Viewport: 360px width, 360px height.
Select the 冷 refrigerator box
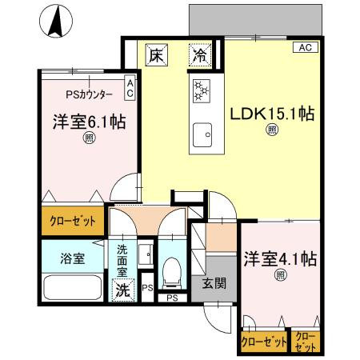point(200,57)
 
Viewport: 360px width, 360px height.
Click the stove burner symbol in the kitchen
point(200,91)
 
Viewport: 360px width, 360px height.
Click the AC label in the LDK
point(305,48)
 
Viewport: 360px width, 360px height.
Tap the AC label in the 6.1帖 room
point(130,88)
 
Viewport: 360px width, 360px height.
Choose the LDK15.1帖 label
point(272,114)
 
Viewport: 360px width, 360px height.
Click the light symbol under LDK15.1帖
point(272,131)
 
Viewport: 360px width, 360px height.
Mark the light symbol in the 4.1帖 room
point(280,276)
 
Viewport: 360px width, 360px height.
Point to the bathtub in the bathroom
point(72,286)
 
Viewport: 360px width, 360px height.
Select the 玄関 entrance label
point(213,282)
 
